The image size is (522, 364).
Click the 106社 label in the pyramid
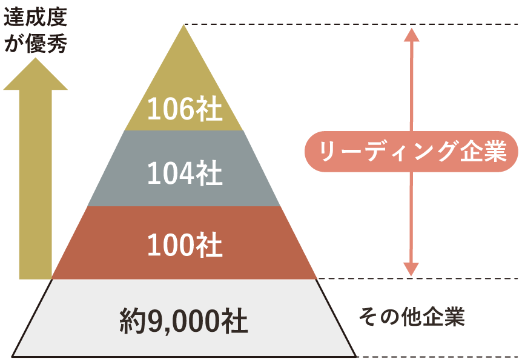tap(185, 109)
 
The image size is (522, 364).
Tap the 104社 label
tap(185, 173)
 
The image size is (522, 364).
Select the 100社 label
tap(185, 244)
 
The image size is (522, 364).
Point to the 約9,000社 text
tap(183, 321)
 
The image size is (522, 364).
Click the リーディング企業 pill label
tap(411, 152)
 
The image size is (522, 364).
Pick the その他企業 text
tap(412, 317)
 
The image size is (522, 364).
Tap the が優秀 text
tap(36, 43)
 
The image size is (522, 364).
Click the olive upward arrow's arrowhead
tap(35, 74)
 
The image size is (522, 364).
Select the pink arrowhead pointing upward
tap(411, 35)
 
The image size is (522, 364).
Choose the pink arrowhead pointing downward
tap(411, 269)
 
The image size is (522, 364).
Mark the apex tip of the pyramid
tap(183, 25)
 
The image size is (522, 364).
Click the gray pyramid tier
tap(183, 168)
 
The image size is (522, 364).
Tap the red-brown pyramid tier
tap(183, 243)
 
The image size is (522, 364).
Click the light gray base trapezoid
tap(183, 318)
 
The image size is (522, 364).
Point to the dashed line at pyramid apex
tap(352, 24)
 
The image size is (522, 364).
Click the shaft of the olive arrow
tap(36, 184)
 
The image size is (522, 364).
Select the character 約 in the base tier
tap(133, 321)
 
